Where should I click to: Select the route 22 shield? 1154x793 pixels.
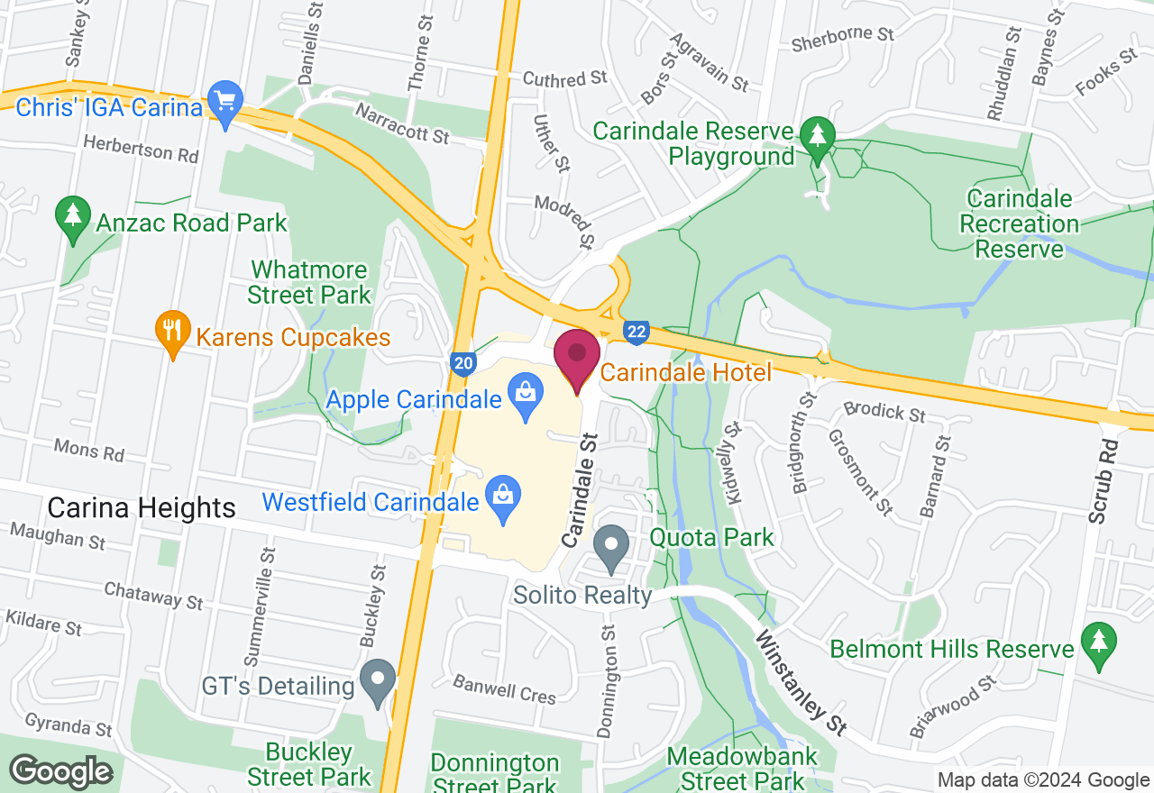[637, 332]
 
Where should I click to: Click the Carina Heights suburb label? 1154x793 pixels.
[142, 508]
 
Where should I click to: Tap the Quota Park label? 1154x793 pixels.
[712, 539]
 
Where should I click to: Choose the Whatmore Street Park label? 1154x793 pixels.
[309, 282]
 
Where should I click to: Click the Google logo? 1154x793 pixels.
[61, 772]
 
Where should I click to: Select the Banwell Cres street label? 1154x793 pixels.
[504, 689]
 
